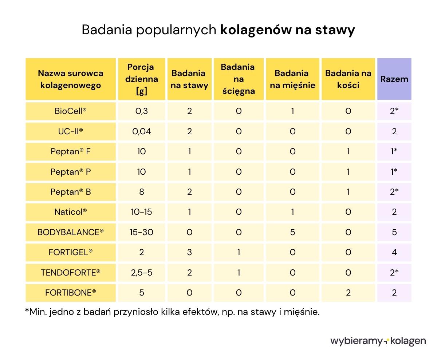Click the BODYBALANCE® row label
coord(71,232)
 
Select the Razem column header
coord(394,79)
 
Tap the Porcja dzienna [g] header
coord(141,79)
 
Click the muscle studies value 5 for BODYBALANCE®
coord(292,232)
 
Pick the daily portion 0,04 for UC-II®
coord(141,131)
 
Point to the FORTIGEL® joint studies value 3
coord(189,252)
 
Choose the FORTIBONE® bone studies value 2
coord(348,293)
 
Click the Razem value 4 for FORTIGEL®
coord(394,252)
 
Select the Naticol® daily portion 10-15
coord(141,212)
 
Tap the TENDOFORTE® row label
coord(71,272)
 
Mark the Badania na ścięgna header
coord(239,79)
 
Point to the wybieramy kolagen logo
coord(378,341)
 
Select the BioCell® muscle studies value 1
coord(292,111)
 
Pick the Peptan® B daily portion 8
coord(141,192)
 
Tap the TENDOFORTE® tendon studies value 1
coord(239,272)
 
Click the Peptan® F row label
coord(71,151)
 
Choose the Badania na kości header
coord(348,79)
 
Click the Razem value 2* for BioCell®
coord(394,111)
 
